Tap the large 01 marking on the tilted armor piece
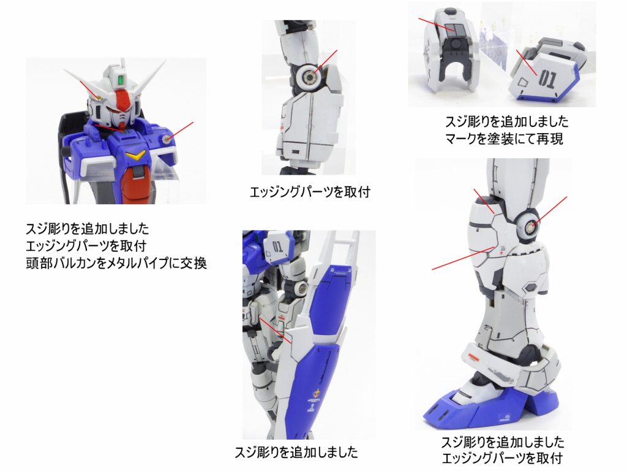click(x=547, y=78)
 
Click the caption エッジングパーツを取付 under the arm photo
click(x=310, y=193)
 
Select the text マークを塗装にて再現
click(x=505, y=139)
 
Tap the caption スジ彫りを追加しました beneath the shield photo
click(x=296, y=453)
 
